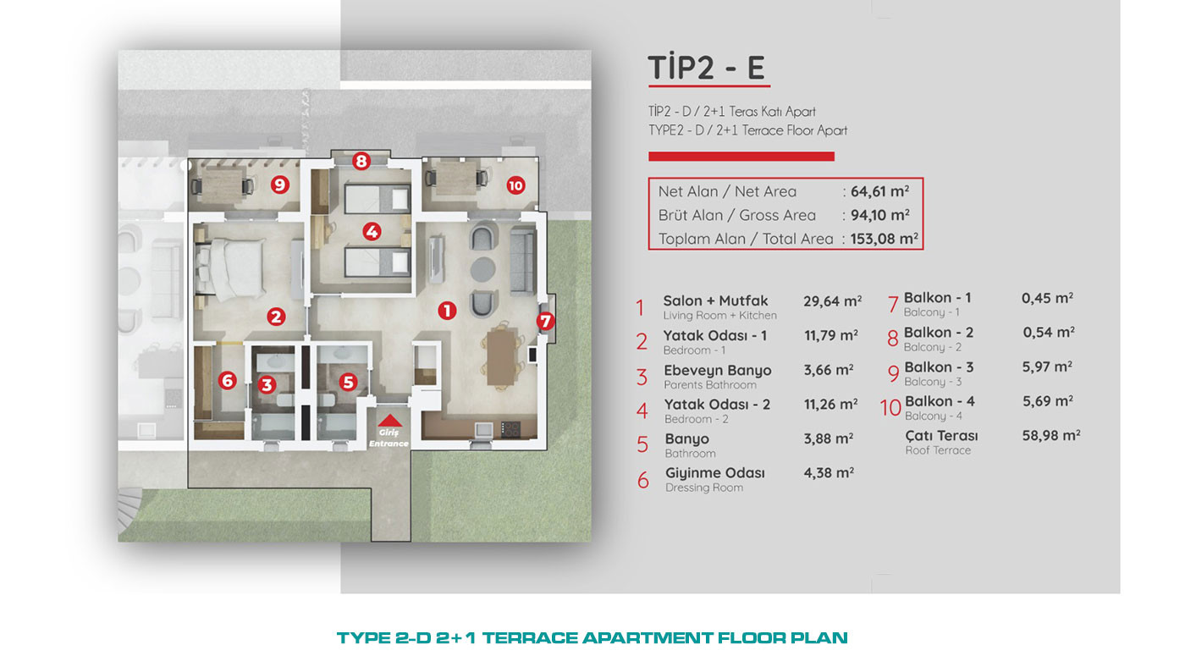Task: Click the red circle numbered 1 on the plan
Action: pyautogui.click(x=447, y=311)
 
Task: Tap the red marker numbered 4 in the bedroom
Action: pyautogui.click(x=372, y=231)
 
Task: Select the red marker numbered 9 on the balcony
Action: pyautogui.click(x=280, y=185)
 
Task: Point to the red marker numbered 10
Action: pyautogui.click(x=515, y=185)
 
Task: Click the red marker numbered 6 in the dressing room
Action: pyautogui.click(x=228, y=380)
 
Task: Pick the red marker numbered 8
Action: pyautogui.click(x=361, y=161)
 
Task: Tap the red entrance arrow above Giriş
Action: pyautogui.click(x=389, y=421)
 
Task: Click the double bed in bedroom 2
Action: pyautogui.click(x=230, y=267)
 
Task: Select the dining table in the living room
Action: pyautogui.click(x=501, y=357)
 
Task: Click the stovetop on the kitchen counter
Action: pyautogui.click(x=510, y=428)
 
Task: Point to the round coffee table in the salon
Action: pyautogui.click(x=482, y=269)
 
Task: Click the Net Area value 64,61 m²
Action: pyautogui.click(x=879, y=191)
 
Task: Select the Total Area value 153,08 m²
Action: pyautogui.click(x=884, y=239)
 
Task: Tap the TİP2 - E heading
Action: pyautogui.click(x=707, y=67)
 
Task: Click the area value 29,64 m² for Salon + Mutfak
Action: pyautogui.click(x=833, y=301)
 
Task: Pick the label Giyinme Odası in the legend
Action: pyautogui.click(x=714, y=473)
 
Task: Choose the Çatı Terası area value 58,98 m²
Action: pyautogui.click(x=1051, y=435)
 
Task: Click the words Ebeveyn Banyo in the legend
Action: pyautogui.click(x=718, y=370)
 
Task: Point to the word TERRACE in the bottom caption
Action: pyautogui.click(x=530, y=638)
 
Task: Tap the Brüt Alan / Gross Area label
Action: pyautogui.click(x=737, y=215)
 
